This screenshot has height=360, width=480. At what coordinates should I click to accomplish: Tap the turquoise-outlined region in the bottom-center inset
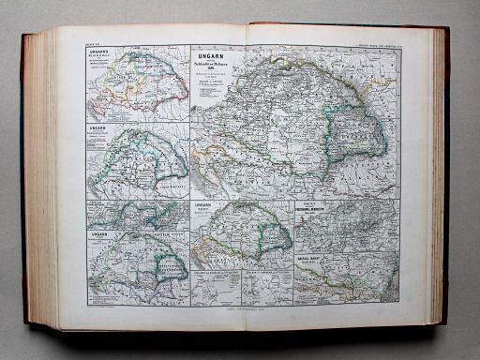273,235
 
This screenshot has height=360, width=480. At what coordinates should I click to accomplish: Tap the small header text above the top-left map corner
91,40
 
